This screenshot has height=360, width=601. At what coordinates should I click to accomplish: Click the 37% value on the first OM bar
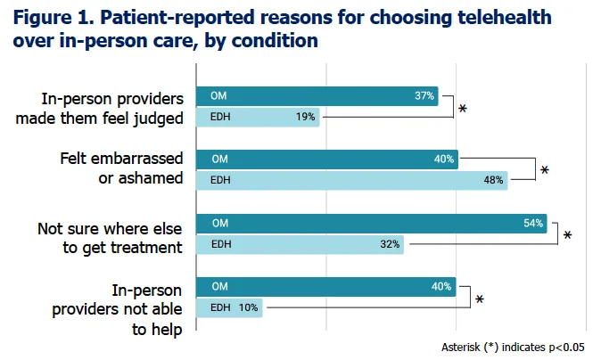pyautogui.click(x=424, y=95)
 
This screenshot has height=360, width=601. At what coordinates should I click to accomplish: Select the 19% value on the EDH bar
pyautogui.click(x=306, y=117)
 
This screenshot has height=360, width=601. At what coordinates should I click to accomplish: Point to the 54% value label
pyautogui.click(x=533, y=223)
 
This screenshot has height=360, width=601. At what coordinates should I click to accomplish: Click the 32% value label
pyautogui.click(x=391, y=243)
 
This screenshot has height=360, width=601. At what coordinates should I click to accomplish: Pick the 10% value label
pyautogui.click(x=249, y=307)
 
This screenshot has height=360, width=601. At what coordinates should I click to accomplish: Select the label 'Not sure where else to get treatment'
pyautogui.click(x=110, y=238)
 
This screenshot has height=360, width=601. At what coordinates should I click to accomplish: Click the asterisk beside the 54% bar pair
pyautogui.click(x=567, y=236)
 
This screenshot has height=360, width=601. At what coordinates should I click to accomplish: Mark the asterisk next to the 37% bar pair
pyautogui.click(x=463, y=110)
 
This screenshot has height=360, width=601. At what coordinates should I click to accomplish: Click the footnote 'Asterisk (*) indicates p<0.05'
pyautogui.click(x=515, y=346)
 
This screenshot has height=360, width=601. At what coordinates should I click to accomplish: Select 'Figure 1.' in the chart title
pyautogui.click(x=52, y=17)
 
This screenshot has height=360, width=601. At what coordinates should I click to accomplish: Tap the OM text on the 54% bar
pyautogui.click(x=218, y=223)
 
